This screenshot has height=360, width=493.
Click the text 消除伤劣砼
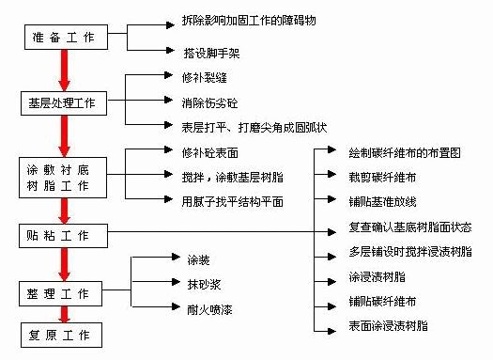[x=206, y=102]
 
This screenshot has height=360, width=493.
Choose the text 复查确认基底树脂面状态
[x=410, y=226]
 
